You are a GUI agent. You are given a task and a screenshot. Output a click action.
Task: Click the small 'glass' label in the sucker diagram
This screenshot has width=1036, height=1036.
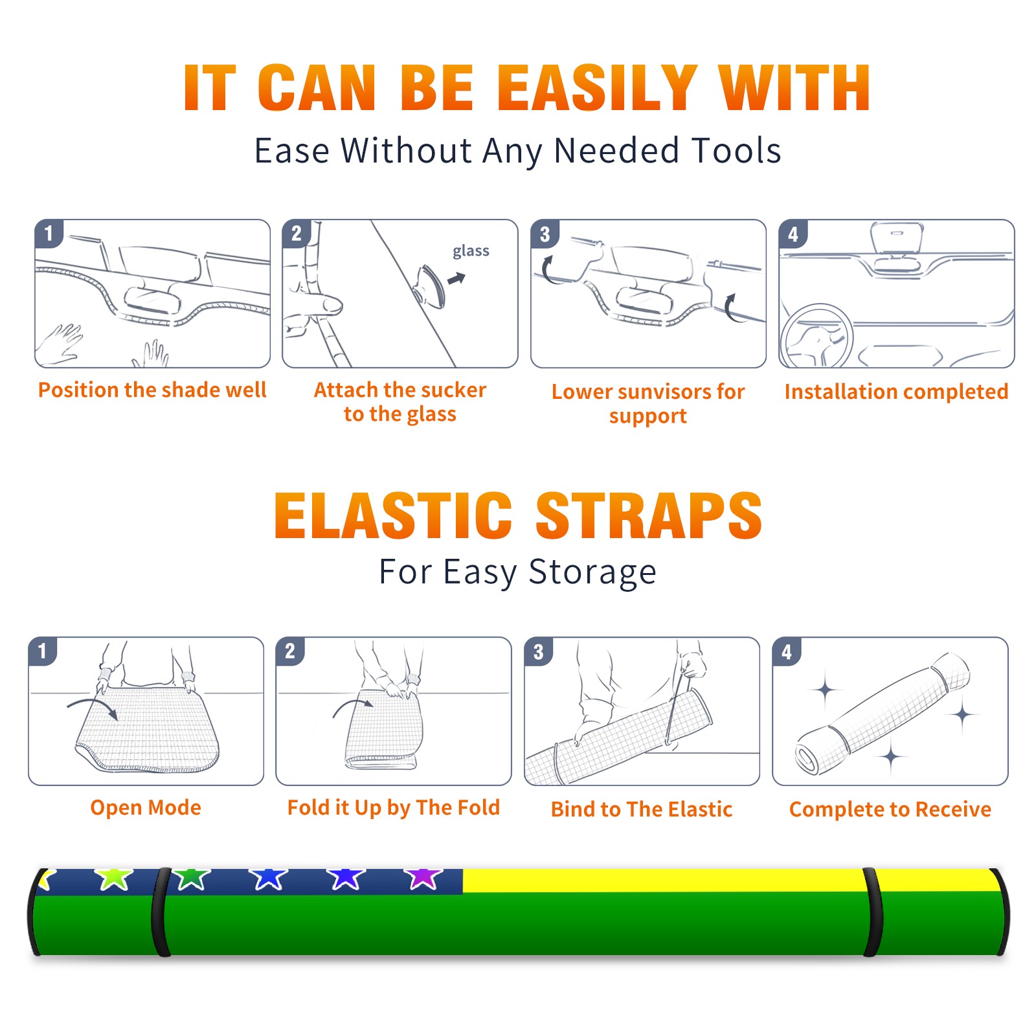pyautogui.click(x=471, y=251)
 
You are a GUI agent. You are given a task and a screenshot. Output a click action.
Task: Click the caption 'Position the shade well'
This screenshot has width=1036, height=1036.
pyautogui.click(x=152, y=390)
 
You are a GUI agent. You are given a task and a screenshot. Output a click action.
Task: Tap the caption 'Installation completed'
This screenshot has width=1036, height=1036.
pyautogui.click(x=896, y=392)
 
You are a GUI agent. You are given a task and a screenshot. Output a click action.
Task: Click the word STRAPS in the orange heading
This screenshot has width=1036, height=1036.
pyautogui.click(x=649, y=515)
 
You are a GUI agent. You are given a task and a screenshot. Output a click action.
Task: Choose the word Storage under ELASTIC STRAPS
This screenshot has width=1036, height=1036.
pyautogui.click(x=592, y=572)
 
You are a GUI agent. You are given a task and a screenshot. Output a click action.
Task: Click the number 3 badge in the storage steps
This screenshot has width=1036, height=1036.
pyautogui.click(x=538, y=652)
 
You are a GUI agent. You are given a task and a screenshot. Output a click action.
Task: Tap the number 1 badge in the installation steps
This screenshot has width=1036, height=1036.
pyautogui.click(x=49, y=234)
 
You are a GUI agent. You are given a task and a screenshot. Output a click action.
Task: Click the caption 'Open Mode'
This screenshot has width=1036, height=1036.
pyautogui.click(x=146, y=807)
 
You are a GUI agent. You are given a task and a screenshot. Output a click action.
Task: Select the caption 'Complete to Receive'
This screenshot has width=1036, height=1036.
pyautogui.click(x=890, y=809)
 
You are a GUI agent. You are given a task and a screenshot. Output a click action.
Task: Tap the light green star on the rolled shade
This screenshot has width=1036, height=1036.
pyautogui.click(x=114, y=878)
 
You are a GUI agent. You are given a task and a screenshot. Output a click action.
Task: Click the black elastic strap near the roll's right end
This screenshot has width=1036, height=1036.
pyautogui.click(x=872, y=912)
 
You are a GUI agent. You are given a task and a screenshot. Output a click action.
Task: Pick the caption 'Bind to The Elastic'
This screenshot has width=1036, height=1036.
pyautogui.click(x=642, y=809)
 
